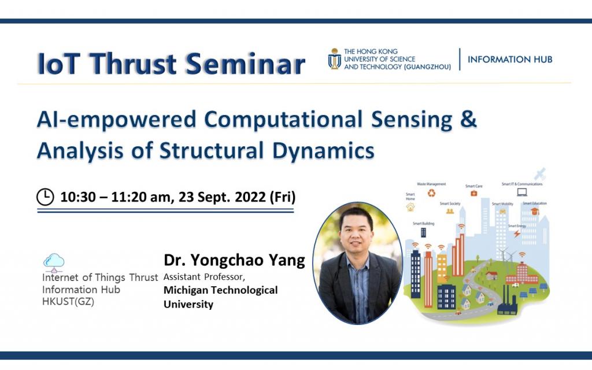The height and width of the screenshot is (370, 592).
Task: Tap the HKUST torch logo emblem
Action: coord(334,59)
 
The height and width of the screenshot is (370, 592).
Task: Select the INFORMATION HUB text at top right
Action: coord(510,60)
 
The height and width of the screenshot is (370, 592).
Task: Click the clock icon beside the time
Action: coord(45,197)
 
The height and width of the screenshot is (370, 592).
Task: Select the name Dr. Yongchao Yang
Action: coord(234,260)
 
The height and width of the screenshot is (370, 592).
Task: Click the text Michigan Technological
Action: coord(220,290)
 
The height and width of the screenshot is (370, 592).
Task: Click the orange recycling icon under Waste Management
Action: coord(431,193)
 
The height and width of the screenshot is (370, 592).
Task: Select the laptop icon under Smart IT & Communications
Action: coord(521,192)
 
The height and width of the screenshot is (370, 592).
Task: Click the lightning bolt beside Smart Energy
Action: coord(516,234)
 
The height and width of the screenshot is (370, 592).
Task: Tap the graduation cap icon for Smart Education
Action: coord(535,212)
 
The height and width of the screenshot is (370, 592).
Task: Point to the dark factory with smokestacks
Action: coord(506,304)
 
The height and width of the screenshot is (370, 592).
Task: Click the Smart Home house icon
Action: coord(410,206)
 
